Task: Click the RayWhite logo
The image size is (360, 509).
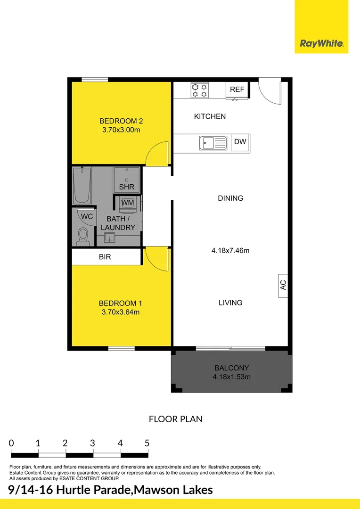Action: pos(322,44)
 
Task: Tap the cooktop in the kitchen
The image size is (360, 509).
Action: pos(199,90)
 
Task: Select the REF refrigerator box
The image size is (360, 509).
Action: pos(237,90)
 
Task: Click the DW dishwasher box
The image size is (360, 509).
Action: pos(240,141)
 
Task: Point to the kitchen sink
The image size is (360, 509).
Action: pos(213,142)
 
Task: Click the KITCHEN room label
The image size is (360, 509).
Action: pos(210,116)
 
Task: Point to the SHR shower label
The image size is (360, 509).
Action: pos(127,187)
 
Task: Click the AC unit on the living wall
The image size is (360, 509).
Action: pos(283,285)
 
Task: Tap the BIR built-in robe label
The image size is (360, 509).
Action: pos(105,257)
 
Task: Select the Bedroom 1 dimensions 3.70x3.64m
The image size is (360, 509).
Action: pos(121,312)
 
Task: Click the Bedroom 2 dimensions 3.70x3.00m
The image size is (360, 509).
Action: pos(121,130)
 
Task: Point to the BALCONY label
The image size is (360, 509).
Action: pos(231,368)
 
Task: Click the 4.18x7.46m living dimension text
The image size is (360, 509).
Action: pos(230,251)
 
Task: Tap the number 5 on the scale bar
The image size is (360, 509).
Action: pos(147,443)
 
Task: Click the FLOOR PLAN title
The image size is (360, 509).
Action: pos(176,419)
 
